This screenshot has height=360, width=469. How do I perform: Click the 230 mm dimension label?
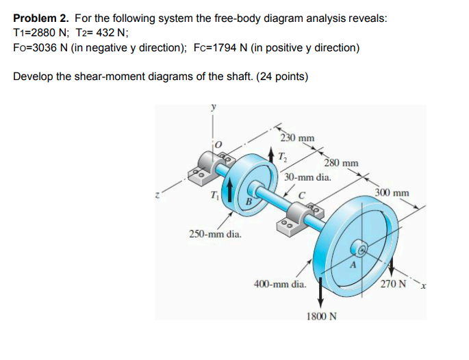[x=299, y=138]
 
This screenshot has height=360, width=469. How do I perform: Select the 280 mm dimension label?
[x=341, y=163]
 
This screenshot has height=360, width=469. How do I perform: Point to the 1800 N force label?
[x=320, y=318]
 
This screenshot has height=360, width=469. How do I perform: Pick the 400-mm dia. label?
[x=279, y=283]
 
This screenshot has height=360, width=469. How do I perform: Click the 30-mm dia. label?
[x=308, y=177]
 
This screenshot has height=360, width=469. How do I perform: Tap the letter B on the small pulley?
[x=250, y=203]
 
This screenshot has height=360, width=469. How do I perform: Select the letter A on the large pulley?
[x=354, y=263]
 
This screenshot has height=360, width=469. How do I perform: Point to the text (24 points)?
[x=280, y=75]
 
